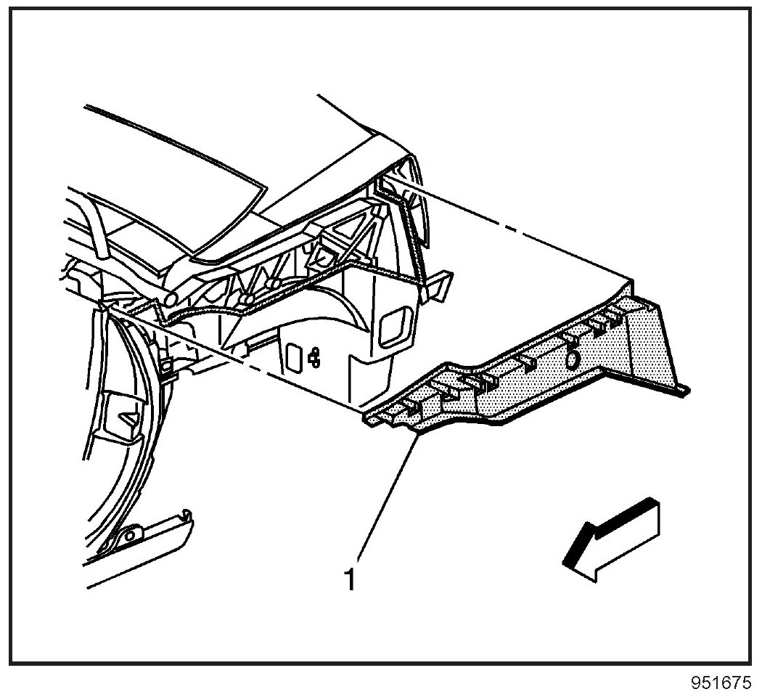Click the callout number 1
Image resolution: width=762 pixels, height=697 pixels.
[x=351, y=580]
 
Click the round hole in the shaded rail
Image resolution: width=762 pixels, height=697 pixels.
[x=572, y=359]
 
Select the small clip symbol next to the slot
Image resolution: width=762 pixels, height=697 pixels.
[x=314, y=356]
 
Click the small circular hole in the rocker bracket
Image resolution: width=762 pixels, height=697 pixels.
[x=131, y=536]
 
